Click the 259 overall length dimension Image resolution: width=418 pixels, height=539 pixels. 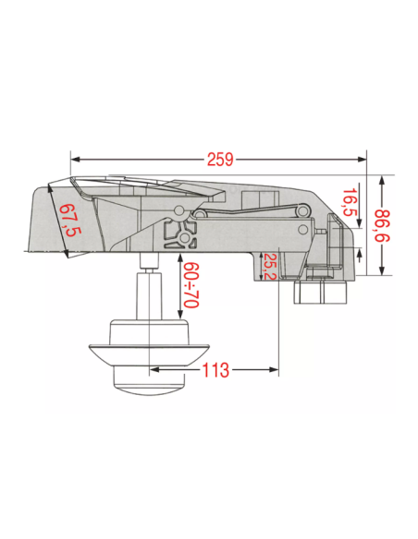click(220, 160)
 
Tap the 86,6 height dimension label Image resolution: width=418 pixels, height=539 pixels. click(382, 225)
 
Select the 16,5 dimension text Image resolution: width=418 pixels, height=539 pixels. click(350, 202)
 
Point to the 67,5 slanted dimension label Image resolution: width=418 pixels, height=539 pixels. click(69, 221)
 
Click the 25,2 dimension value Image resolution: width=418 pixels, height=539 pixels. click(272, 267)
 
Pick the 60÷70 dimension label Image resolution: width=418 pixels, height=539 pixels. click(191, 285)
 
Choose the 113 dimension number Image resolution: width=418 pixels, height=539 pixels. click(215, 370)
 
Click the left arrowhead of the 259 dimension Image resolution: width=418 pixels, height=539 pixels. click(75, 160)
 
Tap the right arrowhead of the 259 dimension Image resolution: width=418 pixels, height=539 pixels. click(363, 160)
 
